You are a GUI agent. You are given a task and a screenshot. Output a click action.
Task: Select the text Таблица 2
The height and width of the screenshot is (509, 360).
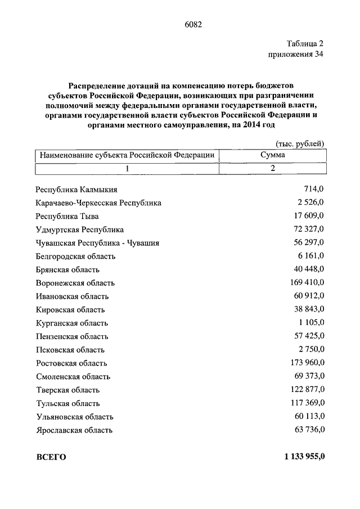tap(304, 43)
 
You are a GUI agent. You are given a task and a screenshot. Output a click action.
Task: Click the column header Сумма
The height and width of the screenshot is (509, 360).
tap(272, 155)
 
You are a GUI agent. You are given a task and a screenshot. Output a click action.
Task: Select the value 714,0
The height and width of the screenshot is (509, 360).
tap(313, 190)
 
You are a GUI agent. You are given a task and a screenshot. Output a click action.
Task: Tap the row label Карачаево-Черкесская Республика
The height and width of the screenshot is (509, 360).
tap(98, 203)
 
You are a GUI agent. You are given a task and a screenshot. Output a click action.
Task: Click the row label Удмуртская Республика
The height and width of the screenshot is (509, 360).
tap(79, 229)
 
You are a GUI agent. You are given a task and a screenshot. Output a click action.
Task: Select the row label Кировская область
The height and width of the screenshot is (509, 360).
tap(70, 309)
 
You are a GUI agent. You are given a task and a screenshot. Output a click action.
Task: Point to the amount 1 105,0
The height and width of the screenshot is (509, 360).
tap(311, 322)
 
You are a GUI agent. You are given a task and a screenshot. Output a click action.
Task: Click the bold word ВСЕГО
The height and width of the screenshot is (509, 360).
tap(51, 457)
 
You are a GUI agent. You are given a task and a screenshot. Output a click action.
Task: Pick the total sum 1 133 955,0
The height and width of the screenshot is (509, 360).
tap(300, 456)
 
